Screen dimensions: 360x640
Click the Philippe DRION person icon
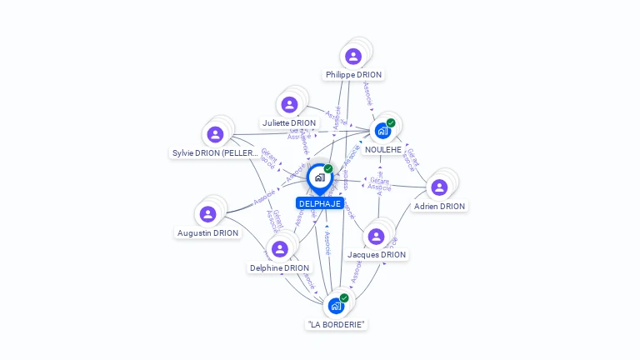click(x=353, y=57)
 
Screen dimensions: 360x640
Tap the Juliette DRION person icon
click(x=289, y=105)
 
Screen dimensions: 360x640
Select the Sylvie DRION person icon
click(x=215, y=135)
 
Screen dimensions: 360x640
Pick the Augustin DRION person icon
click(x=207, y=215)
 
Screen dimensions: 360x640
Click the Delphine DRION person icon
click(x=279, y=249)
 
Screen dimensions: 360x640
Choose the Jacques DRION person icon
click(x=376, y=237)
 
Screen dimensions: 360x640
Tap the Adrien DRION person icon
click(x=439, y=187)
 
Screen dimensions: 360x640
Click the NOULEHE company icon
click(x=382, y=131)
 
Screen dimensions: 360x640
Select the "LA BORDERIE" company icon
click(x=336, y=306)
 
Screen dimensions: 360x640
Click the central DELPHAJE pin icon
click(x=319, y=177)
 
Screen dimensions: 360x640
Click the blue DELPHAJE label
click(x=320, y=203)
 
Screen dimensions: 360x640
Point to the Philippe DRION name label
click(x=353, y=75)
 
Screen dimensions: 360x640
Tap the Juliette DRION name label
click(x=289, y=123)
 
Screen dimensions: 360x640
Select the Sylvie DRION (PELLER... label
click(x=215, y=153)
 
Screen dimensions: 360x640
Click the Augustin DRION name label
click(x=207, y=233)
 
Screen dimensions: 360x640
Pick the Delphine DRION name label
click(x=279, y=268)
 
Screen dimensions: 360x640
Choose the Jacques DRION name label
click(x=376, y=255)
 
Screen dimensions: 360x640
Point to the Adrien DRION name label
click(x=439, y=206)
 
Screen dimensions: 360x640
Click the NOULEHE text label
click(x=382, y=150)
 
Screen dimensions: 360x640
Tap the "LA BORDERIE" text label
click(x=336, y=325)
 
